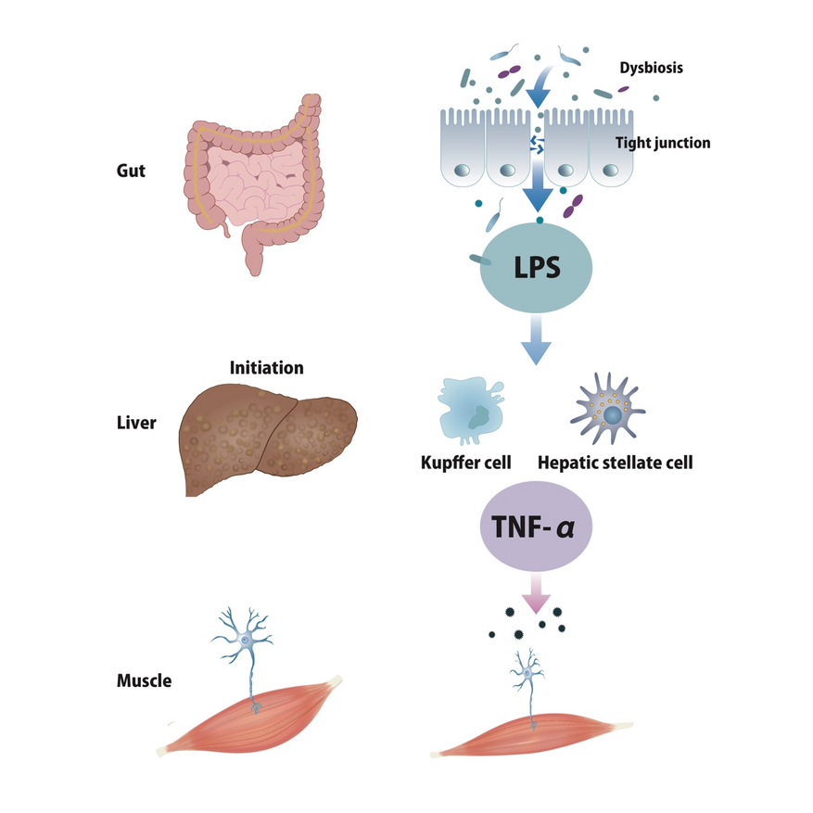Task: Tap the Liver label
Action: pos(137,424)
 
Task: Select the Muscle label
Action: pos(144,680)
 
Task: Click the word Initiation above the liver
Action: pos(266,368)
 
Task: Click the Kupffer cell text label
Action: pos(466,461)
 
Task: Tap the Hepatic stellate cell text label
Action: pos(616,461)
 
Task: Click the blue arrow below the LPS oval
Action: pos(536,341)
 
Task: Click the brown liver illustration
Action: pos(268,437)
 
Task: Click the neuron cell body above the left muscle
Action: pos(245,640)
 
